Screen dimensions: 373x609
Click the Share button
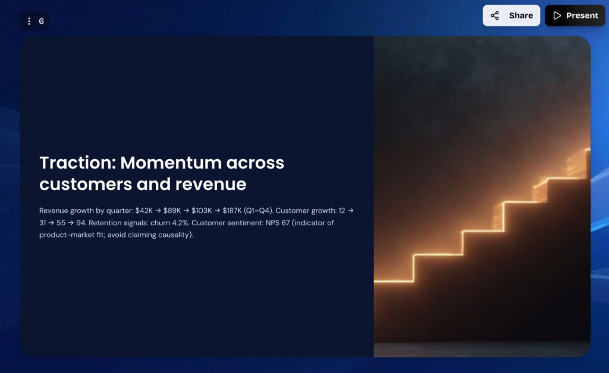coord(511,15)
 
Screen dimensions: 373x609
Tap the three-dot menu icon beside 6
coord(29,21)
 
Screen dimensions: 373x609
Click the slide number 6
coord(42,21)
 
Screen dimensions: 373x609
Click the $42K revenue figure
coord(144,211)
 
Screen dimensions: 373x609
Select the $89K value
coord(172,211)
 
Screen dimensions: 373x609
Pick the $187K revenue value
coord(233,211)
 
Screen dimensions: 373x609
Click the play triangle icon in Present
coord(557,15)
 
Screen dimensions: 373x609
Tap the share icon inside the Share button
coord(495,15)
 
